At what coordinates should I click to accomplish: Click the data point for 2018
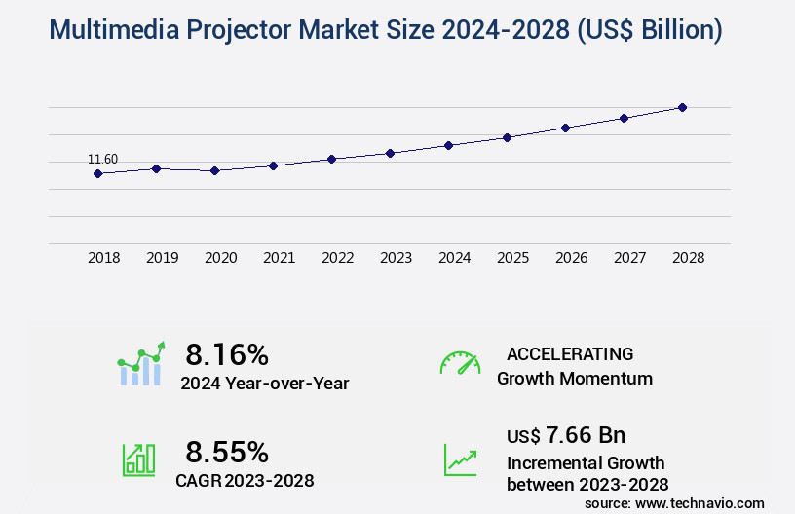[97, 174]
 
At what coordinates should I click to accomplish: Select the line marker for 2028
[682, 107]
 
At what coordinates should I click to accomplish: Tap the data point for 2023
[390, 153]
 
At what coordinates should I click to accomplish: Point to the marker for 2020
[214, 170]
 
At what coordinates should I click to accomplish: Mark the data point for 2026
[565, 128]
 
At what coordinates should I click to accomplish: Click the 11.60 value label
[102, 160]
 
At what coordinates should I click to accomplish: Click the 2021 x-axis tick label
[279, 258]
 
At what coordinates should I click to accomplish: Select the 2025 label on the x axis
[512, 258]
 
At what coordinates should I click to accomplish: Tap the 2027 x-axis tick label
[629, 258]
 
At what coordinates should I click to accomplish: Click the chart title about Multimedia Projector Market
[385, 31]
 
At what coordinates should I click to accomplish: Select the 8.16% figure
[227, 353]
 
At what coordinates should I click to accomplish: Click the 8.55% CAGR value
[227, 452]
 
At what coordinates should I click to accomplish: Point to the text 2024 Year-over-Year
[264, 384]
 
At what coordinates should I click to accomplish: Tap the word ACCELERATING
[570, 353]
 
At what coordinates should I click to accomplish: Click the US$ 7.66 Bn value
[566, 434]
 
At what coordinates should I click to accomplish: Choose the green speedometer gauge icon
[460, 363]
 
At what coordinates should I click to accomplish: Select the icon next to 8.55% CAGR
[138, 459]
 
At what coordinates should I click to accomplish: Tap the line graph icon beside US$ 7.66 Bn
[460, 459]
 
